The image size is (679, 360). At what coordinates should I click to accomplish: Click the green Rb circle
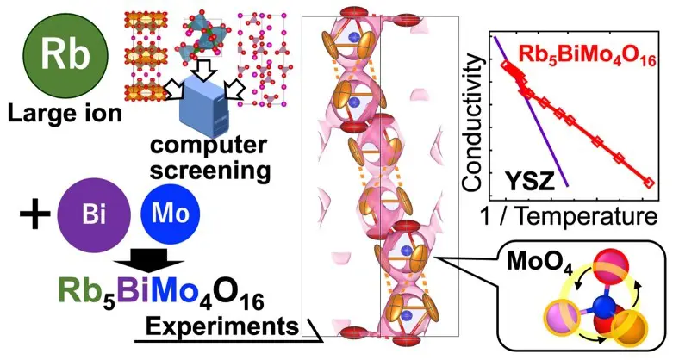pyautogui.click(x=65, y=54)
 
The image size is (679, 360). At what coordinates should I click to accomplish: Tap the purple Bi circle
pyautogui.click(x=94, y=215)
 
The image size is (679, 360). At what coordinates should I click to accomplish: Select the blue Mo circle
pyautogui.click(x=171, y=214)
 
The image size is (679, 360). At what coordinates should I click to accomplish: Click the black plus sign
pyautogui.click(x=35, y=214)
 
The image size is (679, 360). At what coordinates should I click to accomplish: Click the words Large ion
pyautogui.click(x=65, y=114)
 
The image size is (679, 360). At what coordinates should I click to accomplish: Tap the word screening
pyautogui.click(x=210, y=170)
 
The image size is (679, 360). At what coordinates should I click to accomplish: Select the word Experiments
pyautogui.click(x=222, y=326)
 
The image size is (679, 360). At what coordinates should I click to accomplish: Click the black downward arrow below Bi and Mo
pyautogui.click(x=149, y=260)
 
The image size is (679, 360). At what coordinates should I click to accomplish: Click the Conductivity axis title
pyautogui.click(x=471, y=124)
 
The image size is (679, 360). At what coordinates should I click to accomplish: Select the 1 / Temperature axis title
pyautogui.click(x=569, y=215)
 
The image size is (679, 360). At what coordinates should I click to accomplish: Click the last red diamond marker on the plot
pyautogui.click(x=649, y=183)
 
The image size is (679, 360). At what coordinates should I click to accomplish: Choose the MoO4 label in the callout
pyautogui.click(x=539, y=262)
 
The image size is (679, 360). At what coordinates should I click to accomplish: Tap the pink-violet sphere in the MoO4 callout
pyautogui.click(x=563, y=318)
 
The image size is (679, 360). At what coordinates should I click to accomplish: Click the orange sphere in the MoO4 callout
pyautogui.click(x=629, y=326)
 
